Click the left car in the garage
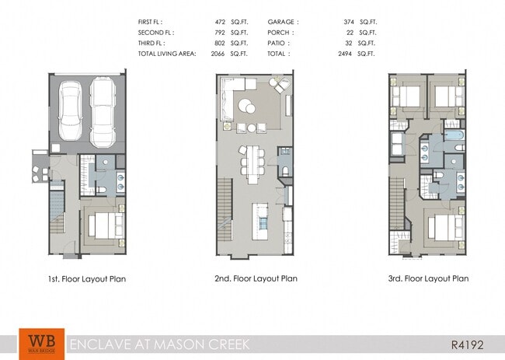[71, 113]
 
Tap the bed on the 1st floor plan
[103, 225]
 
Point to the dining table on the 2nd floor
[253, 162]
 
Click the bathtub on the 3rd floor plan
[454, 143]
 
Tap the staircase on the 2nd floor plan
[223, 209]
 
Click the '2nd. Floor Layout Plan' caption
[256, 278]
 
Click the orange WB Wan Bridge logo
[37, 343]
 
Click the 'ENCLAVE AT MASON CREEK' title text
[134, 344]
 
